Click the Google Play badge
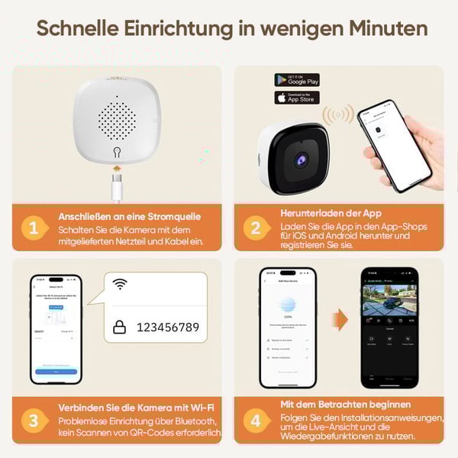297,80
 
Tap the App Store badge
297,98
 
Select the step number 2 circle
255,227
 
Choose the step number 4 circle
255,419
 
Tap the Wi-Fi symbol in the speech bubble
120,285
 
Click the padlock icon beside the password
120,327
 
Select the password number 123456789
167,327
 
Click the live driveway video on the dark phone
389,300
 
